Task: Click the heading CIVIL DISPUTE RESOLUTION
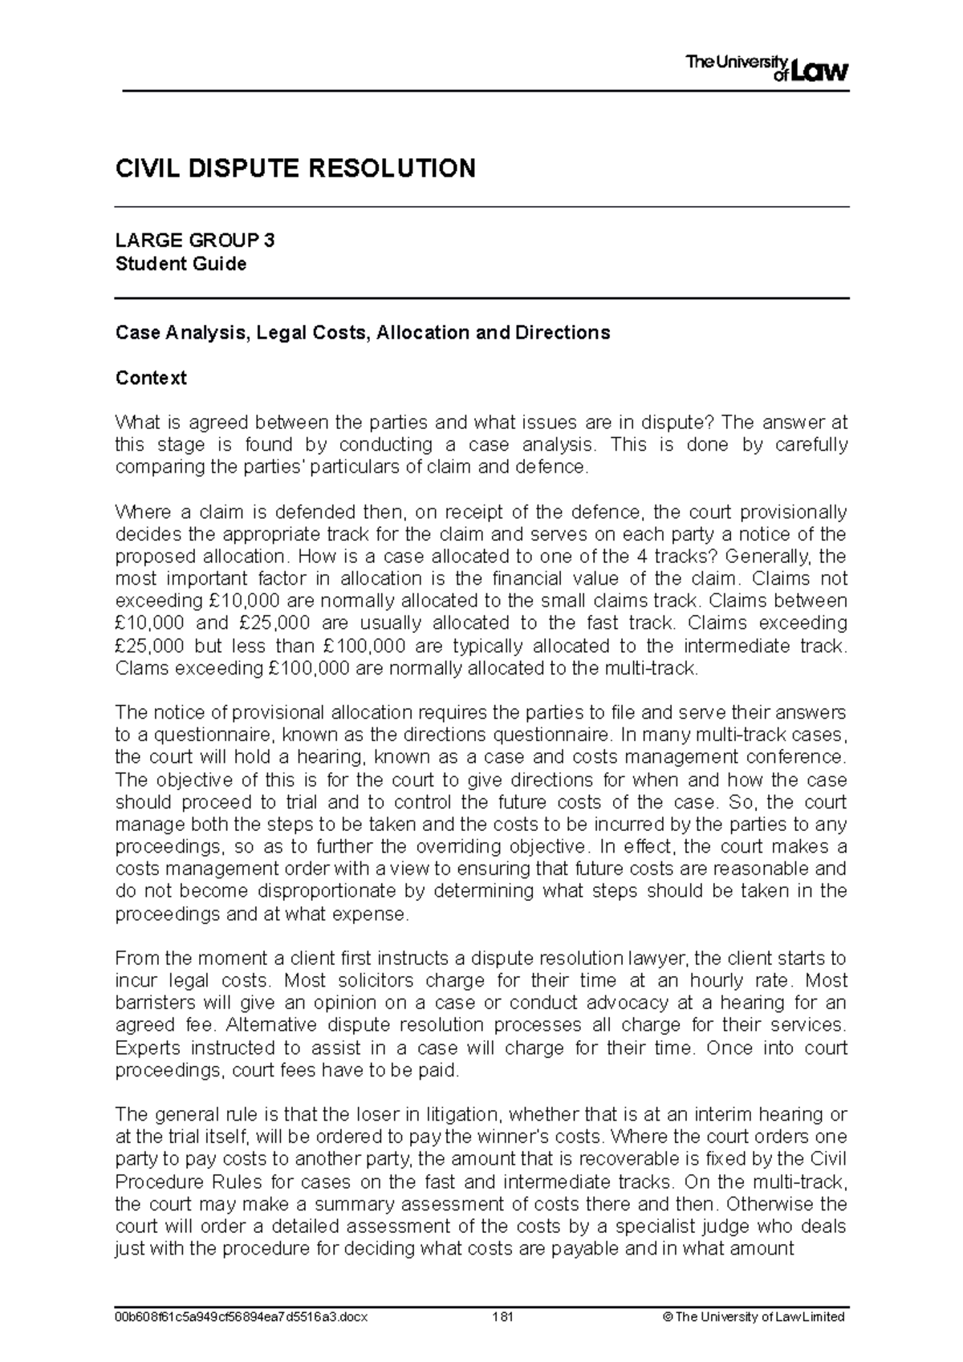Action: pyautogui.click(x=295, y=168)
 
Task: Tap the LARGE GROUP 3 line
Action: pyautogui.click(x=195, y=240)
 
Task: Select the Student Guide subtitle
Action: pyautogui.click(x=181, y=263)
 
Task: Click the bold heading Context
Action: pyautogui.click(x=151, y=378)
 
